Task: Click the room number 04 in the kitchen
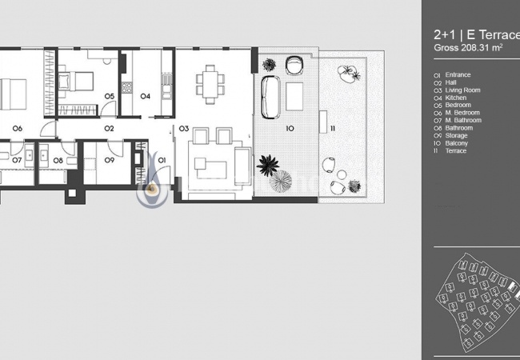coord(146,96)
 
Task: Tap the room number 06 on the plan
coord(18,128)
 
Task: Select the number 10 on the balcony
coord(290,128)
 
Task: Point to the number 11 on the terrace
coord(333,128)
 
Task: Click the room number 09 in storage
coord(110,160)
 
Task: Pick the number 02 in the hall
coord(109,128)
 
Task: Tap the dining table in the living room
coord(210,85)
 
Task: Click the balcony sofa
coord(270,97)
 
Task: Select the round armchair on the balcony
coord(294,65)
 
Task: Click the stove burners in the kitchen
coord(126,87)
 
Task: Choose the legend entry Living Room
coord(462,90)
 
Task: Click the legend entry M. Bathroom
coord(463,120)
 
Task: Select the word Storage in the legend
coord(456,135)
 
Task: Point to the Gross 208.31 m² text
coord(468,48)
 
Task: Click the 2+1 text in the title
coord(445,35)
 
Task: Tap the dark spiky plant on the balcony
coord(268,165)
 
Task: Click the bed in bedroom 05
coord(76,82)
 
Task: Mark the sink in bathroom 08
coord(44,155)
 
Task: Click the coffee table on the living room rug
coord(210,167)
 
